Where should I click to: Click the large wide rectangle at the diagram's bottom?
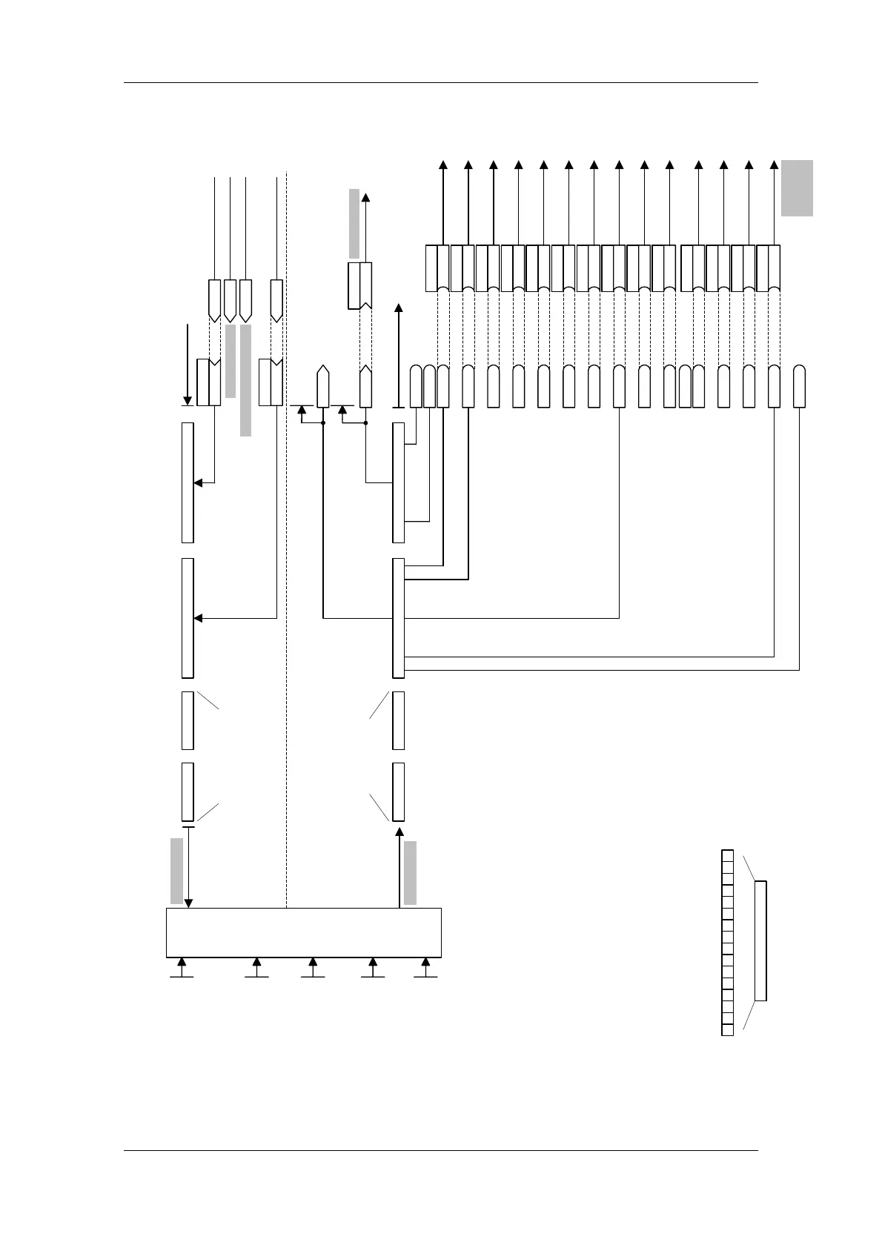tap(303, 932)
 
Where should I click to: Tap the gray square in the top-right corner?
tap(797, 187)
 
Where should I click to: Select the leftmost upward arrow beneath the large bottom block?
tap(182, 964)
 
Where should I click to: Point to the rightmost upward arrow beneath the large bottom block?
tap(425, 964)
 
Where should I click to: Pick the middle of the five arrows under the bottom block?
tap(313, 964)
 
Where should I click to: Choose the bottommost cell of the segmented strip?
tap(727, 1029)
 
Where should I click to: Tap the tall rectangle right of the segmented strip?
tap(760, 940)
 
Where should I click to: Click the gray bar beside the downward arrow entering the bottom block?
tap(176, 871)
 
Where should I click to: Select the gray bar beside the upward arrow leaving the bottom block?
tap(411, 873)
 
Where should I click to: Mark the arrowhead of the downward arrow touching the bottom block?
tap(188, 903)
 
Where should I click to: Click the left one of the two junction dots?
tap(323, 423)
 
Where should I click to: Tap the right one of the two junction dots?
tap(365, 423)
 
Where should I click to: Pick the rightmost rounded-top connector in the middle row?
tap(799, 386)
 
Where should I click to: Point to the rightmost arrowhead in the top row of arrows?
tap(774, 165)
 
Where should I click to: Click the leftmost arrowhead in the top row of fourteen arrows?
tap(443, 165)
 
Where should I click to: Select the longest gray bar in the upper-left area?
tap(246, 380)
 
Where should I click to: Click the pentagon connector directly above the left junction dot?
tap(322, 385)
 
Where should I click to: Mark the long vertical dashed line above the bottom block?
tap(286, 541)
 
